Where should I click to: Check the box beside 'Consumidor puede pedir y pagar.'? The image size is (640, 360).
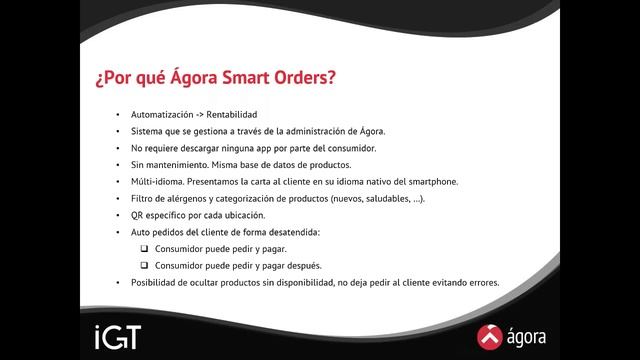tap(145, 248)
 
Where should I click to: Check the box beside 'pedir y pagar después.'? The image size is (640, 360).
tap(145, 265)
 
